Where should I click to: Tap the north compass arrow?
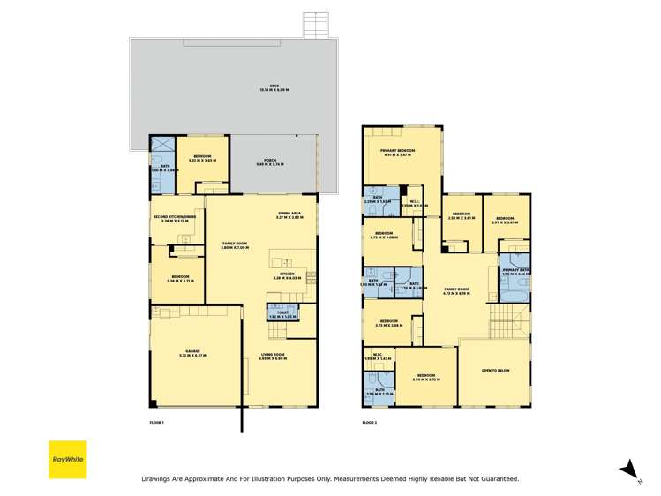point(627,469)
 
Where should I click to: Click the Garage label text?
point(192,351)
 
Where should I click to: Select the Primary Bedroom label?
point(398,153)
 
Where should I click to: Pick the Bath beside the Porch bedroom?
point(161,166)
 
